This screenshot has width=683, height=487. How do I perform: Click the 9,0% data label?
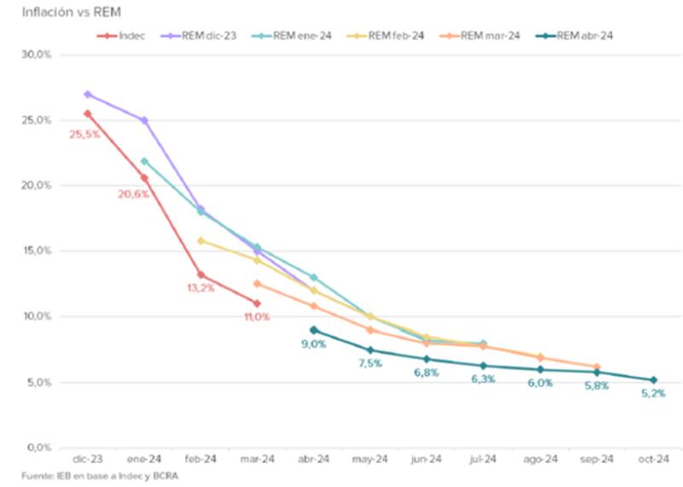(312, 344)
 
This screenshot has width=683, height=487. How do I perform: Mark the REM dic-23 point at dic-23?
(87, 94)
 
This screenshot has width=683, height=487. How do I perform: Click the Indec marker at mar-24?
(257, 303)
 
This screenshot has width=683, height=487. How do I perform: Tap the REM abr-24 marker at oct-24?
(653, 380)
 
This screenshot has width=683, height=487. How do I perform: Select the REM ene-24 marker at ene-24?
(144, 161)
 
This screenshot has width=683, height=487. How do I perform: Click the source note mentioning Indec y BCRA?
(96, 476)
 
